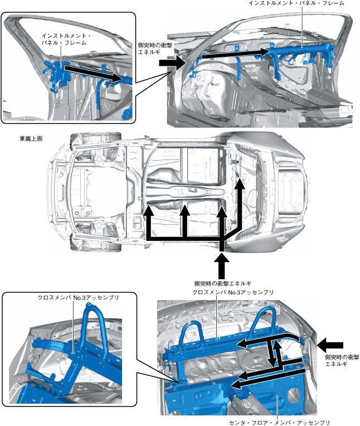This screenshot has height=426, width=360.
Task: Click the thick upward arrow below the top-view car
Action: pos(222,265)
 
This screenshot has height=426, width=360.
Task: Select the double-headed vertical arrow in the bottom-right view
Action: pos(274,355)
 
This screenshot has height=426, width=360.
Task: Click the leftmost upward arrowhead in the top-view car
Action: pos(149,211)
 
